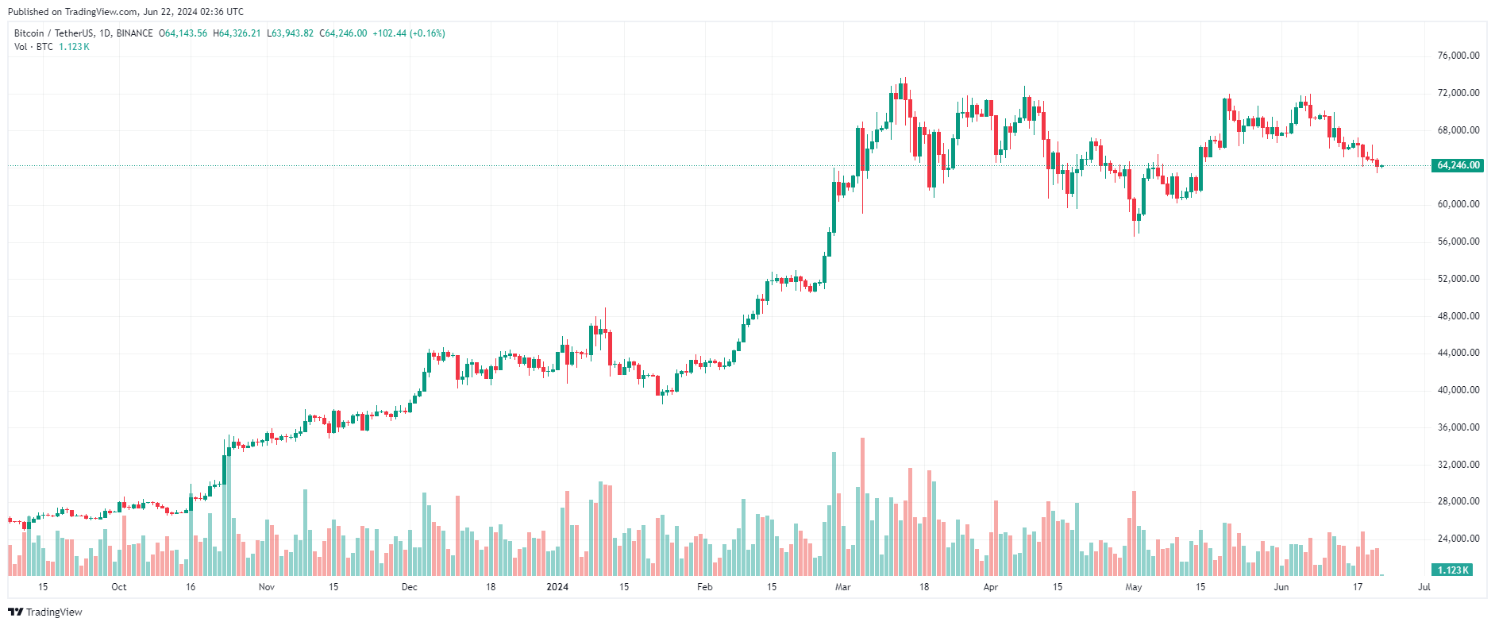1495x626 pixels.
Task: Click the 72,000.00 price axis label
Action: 1458,93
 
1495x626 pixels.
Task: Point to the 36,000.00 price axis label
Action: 1458,427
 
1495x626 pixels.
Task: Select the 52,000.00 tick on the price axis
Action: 1458,279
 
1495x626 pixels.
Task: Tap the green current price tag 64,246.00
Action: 1458,165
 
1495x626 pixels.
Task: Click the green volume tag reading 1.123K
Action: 1453,570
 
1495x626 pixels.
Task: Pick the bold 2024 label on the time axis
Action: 557,587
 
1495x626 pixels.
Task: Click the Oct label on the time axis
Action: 118,587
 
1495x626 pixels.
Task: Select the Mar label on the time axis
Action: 842,587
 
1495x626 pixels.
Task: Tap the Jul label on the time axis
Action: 1424,587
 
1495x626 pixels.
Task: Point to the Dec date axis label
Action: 409,587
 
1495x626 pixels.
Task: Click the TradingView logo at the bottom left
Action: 45,612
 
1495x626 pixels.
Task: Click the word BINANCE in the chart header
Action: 134,33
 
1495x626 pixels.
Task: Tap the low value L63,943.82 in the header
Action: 290,33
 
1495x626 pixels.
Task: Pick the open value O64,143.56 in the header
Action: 183,33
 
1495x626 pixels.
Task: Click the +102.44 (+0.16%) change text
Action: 408,33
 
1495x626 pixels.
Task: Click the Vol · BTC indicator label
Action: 33,47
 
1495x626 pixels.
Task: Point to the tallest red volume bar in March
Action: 862,507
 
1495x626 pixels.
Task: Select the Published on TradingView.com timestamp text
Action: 125,12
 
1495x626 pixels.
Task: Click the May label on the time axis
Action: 1133,587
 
